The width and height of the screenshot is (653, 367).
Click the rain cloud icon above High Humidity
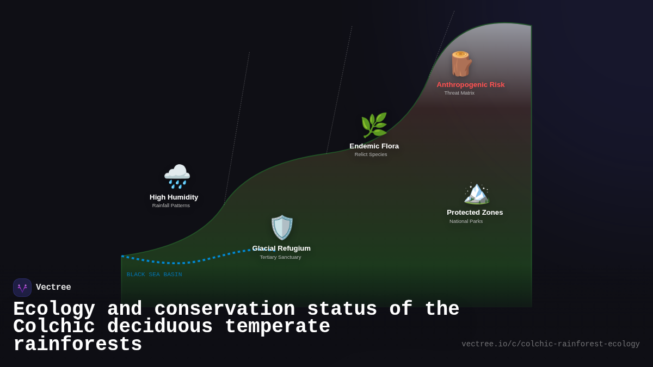click(x=177, y=177)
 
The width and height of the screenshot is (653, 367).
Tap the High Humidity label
click(x=174, y=197)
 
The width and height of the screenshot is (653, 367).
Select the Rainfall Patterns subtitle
click(x=171, y=206)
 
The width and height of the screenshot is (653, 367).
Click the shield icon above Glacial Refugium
click(x=282, y=227)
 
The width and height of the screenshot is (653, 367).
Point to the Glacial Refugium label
click(x=281, y=248)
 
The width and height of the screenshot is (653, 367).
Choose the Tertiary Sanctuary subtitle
click(x=280, y=257)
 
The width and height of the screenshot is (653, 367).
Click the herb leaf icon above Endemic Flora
click(x=374, y=126)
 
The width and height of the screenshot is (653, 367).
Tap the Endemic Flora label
click(x=374, y=146)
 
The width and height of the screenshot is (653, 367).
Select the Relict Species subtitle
click(x=371, y=154)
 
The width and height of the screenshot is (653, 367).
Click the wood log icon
click(x=461, y=64)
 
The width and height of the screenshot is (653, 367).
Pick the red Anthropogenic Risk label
click(x=471, y=85)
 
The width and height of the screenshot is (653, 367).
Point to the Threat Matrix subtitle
click(x=459, y=93)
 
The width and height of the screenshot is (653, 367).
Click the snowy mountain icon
click(x=476, y=193)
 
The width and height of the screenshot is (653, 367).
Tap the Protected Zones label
click(x=475, y=213)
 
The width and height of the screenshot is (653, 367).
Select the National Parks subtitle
click(x=466, y=221)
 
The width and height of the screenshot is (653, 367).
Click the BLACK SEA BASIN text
click(x=155, y=275)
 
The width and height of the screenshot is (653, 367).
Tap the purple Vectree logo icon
click(x=22, y=288)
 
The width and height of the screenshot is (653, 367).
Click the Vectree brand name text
click(x=53, y=288)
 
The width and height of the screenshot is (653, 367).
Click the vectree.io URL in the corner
click(x=550, y=344)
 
